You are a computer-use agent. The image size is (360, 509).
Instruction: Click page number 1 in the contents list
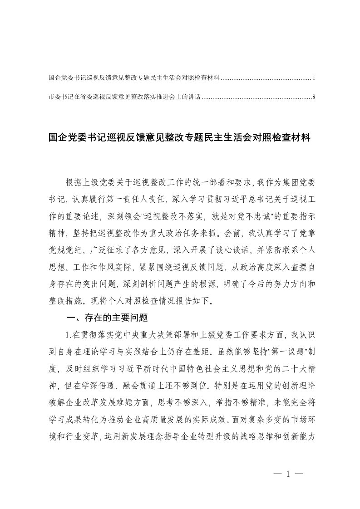point(314,78)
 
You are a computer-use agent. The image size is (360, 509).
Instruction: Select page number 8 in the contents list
point(314,97)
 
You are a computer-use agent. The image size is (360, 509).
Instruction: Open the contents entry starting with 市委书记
point(124,97)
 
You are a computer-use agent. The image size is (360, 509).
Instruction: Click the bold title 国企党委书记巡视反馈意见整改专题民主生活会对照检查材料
point(180,138)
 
